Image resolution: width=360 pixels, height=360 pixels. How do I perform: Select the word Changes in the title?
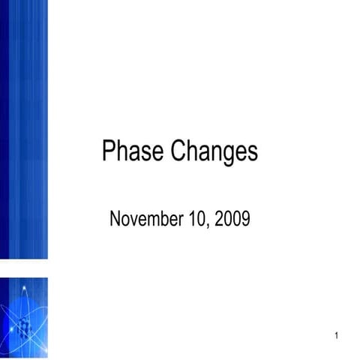coord(214,152)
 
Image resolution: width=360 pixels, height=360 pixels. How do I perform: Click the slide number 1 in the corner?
coord(337,335)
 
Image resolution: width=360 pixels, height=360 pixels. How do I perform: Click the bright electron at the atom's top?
coord(25,289)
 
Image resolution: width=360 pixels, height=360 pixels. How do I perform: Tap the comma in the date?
coord(208,224)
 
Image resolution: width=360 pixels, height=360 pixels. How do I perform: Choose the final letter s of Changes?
coord(252,153)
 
